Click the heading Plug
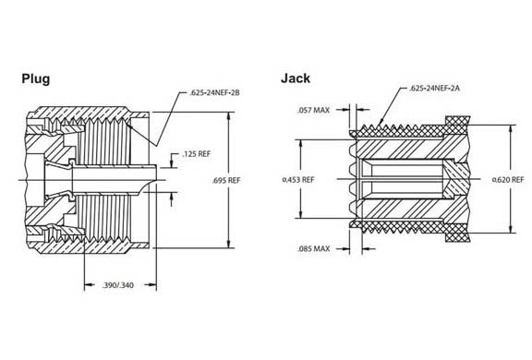36,79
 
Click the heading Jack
296,78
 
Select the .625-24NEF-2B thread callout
215,92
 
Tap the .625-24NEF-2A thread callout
434,89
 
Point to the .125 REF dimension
197,154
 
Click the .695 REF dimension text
226,180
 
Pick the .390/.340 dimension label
117,285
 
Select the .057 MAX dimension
313,110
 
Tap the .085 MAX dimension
313,249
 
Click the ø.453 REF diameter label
298,179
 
